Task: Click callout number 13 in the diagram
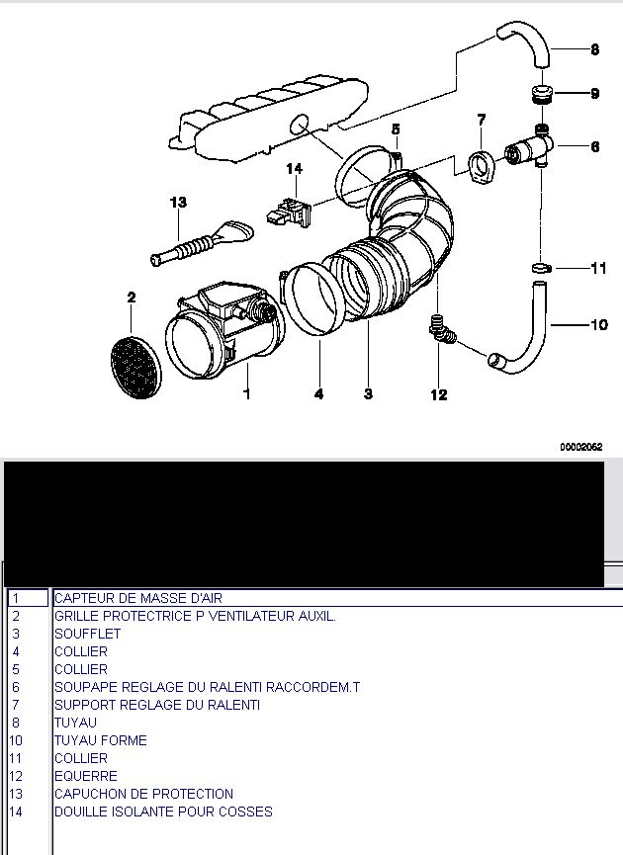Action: point(178,203)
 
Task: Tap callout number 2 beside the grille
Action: point(132,297)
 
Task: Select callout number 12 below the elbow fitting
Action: point(439,395)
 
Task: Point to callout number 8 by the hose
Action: point(594,48)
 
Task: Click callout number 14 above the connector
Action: point(294,169)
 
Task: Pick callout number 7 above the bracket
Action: point(482,121)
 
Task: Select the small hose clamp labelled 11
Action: point(540,268)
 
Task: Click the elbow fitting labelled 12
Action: point(441,330)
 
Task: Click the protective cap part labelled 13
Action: point(198,243)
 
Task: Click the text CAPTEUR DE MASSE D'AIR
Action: point(138,598)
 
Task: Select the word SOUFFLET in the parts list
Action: point(88,634)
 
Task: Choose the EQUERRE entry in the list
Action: point(86,776)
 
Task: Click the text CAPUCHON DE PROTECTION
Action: point(144,794)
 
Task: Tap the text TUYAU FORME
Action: point(101,740)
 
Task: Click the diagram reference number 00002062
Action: point(580,447)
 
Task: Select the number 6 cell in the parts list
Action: point(16,687)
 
